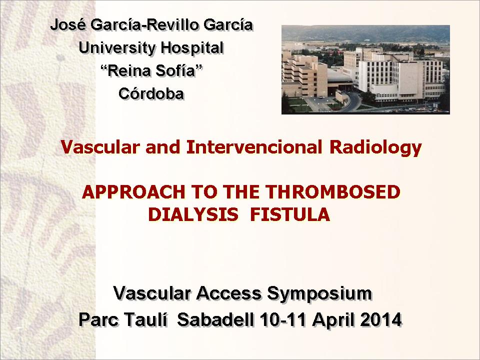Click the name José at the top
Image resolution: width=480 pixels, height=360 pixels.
(68, 24)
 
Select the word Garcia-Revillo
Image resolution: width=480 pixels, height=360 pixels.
(145, 24)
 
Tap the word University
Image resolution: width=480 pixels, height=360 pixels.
(117, 48)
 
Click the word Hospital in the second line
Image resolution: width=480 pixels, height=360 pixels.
(192, 48)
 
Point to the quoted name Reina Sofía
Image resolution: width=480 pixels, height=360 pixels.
(151, 70)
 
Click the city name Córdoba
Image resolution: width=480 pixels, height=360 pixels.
(151, 93)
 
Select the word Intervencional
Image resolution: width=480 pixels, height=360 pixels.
(254, 147)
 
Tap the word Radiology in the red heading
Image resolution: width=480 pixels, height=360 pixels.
(375, 147)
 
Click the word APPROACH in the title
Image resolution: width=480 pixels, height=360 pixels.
(134, 192)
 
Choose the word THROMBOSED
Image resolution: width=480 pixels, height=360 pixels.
(333, 192)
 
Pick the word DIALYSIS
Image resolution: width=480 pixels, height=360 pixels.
(193, 214)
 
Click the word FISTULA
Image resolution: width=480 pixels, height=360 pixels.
(290, 214)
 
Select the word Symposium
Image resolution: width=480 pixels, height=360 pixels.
(319, 294)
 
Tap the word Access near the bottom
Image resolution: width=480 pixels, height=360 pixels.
(228, 293)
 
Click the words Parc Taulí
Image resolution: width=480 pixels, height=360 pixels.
(123, 319)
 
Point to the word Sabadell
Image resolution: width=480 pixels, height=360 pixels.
(215, 319)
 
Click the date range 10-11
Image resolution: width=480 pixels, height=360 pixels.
(283, 319)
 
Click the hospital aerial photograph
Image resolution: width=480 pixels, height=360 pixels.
(365, 70)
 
